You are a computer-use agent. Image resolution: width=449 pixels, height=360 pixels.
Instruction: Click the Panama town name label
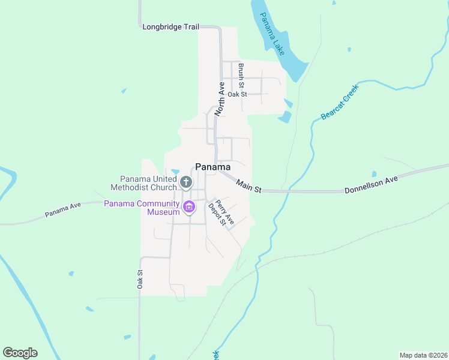pos(213,167)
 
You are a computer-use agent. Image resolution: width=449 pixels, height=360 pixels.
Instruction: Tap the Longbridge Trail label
pos(170,27)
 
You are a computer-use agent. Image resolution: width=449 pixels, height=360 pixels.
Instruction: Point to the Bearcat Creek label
pos(340,101)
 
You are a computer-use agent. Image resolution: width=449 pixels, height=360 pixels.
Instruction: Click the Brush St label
pos(241,74)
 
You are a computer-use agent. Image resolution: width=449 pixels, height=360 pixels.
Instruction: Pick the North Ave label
pos(221,98)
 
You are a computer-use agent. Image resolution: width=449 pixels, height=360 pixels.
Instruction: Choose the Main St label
pos(249,186)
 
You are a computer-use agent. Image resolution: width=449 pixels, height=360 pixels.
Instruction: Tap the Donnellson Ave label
pos(372,185)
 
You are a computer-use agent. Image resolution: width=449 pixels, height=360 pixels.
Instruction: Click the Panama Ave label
pos(62,209)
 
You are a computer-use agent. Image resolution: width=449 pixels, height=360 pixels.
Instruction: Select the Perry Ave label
pos(224,211)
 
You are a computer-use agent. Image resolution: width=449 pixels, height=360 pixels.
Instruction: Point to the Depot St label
pos(216,215)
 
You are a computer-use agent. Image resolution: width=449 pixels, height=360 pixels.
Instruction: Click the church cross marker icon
pos(186,182)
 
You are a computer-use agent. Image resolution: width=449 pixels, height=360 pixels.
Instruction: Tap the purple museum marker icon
pos(189,208)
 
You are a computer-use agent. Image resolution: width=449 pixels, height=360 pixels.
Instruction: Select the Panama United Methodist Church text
pos(148,183)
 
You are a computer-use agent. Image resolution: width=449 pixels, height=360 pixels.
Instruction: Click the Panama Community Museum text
pos(142,208)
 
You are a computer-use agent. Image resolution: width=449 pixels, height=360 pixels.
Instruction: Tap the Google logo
pos(20,353)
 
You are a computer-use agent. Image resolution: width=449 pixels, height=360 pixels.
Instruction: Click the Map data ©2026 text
pos(423,355)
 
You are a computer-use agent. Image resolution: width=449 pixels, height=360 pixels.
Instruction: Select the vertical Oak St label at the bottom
pos(140,279)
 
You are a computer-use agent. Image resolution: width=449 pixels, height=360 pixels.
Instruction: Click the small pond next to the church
pos(175,173)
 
